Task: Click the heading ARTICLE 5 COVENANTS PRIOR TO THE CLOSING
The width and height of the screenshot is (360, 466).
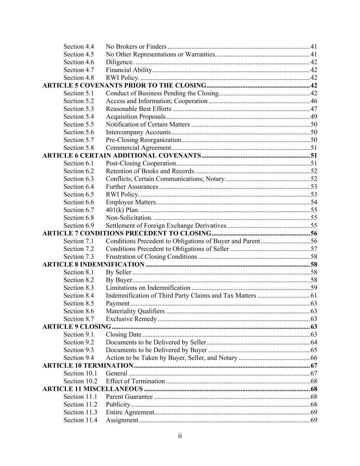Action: point(124,85)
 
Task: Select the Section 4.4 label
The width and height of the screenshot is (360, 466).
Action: point(78,46)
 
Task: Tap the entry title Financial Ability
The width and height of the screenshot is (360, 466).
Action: point(129,70)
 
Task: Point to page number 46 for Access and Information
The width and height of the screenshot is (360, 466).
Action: point(314,101)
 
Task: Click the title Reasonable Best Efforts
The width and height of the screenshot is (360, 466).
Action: point(139,109)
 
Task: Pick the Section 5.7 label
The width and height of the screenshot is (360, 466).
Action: point(78,140)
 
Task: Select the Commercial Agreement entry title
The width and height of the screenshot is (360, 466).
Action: point(138,148)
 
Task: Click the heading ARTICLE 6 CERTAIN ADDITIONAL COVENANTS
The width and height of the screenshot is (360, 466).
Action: point(121,156)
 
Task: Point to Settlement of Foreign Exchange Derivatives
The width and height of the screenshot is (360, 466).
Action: point(167,226)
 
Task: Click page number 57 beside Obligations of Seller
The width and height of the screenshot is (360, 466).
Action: point(314,249)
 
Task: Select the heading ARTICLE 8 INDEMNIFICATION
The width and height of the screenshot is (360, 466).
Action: point(93,265)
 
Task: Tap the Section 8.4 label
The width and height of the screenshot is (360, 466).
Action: point(78,296)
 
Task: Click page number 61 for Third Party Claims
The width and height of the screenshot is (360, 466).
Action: point(314,296)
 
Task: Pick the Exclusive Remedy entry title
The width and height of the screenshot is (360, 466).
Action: point(131,319)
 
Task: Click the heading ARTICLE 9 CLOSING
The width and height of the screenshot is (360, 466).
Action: point(76,327)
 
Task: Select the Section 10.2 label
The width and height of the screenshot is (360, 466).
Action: point(80,381)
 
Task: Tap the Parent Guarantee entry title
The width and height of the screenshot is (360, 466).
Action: point(129,397)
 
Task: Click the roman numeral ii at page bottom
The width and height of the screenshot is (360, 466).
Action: point(180,436)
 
